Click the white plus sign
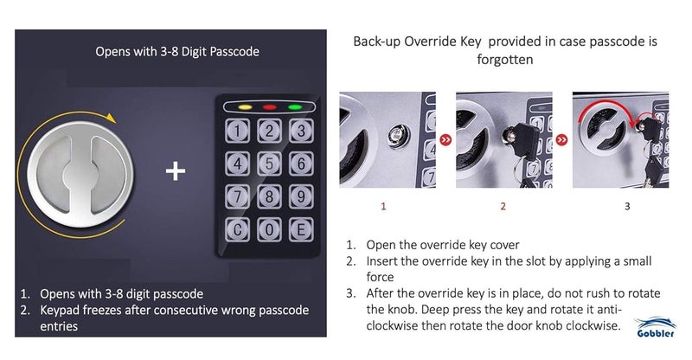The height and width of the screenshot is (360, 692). (x=176, y=171)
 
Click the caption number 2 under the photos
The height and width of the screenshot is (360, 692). (x=503, y=207)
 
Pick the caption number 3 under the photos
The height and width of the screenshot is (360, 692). (x=627, y=207)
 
